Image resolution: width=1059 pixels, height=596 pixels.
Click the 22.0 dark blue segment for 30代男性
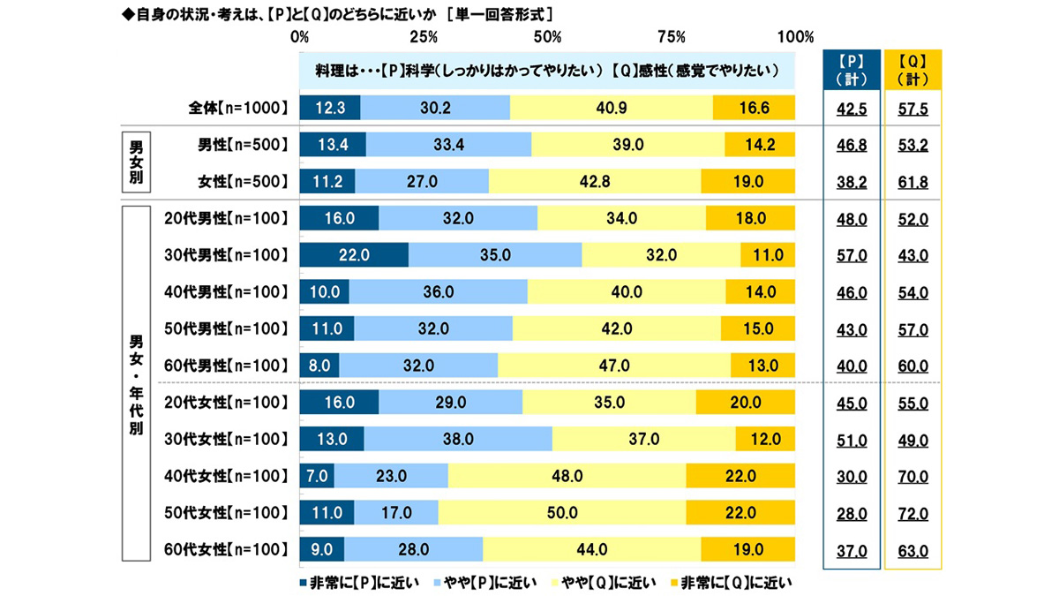354,255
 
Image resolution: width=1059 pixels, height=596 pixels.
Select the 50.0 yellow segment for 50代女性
561,513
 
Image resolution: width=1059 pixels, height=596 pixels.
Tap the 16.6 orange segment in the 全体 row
754,108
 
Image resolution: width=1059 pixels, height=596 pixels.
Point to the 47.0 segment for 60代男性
614,366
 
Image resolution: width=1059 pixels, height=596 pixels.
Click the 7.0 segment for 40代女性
317,476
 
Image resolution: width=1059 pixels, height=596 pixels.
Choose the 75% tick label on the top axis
672,37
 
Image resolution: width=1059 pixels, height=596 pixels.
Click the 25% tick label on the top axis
424,37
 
